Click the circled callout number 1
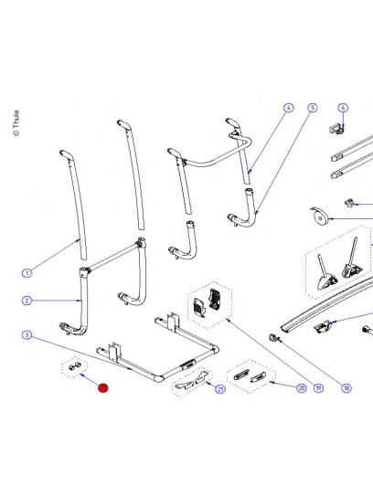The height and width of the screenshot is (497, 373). point(27,272)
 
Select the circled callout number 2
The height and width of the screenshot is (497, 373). point(27,300)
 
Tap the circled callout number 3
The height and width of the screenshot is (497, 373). point(27,336)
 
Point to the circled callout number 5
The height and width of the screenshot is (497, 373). point(312,108)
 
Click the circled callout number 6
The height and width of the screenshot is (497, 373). point(344,108)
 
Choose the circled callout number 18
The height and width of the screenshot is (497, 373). point(346,387)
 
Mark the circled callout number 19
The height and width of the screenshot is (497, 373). point(318,387)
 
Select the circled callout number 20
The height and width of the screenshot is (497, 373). point(301,387)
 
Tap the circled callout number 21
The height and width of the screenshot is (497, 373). point(220,390)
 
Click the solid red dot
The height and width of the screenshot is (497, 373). point(103,387)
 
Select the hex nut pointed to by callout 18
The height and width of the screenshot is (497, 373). point(273,339)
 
